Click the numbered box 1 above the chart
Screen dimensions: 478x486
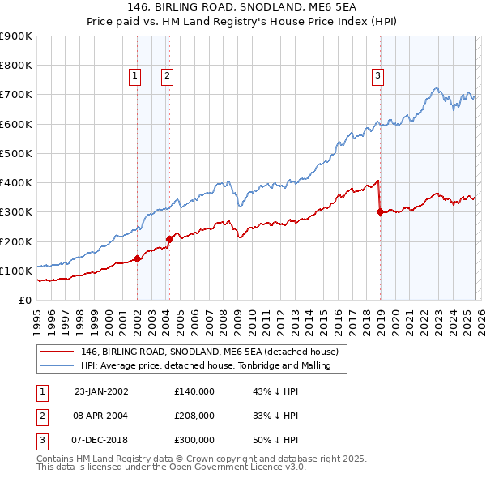coord(134,77)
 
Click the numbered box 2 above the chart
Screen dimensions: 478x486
coord(166,77)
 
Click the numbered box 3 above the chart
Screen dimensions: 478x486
coord(377,77)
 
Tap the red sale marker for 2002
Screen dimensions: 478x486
coord(138,258)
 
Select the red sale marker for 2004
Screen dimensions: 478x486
coord(169,239)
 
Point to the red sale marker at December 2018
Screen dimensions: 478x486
coord(380,212)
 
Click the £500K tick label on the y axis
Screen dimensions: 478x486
coord(15,153)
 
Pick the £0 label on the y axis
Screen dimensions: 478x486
coord(24,300)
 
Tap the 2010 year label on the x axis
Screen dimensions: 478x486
coord(257,319)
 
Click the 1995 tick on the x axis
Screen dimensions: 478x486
coord(37,319)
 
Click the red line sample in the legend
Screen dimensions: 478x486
coord(57,352)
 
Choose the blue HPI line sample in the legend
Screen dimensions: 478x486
coord(57,365)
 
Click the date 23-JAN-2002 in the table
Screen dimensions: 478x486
coord(101,391)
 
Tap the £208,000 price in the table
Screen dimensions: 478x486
coord(194,416)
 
